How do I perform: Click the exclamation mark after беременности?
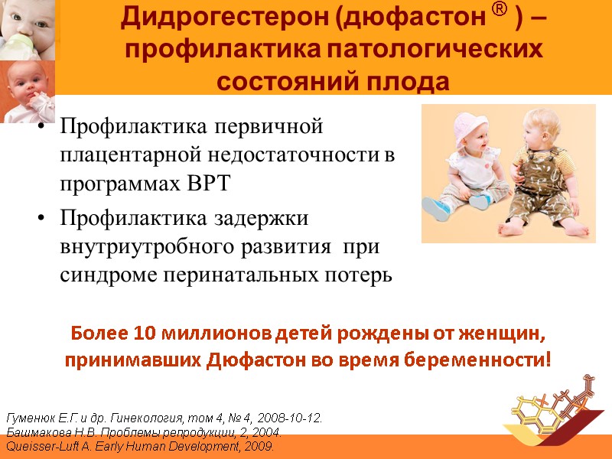click(x=548, y=359)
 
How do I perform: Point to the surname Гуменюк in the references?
click(x=31, y=418)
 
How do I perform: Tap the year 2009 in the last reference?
click(x=259, y=445)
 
